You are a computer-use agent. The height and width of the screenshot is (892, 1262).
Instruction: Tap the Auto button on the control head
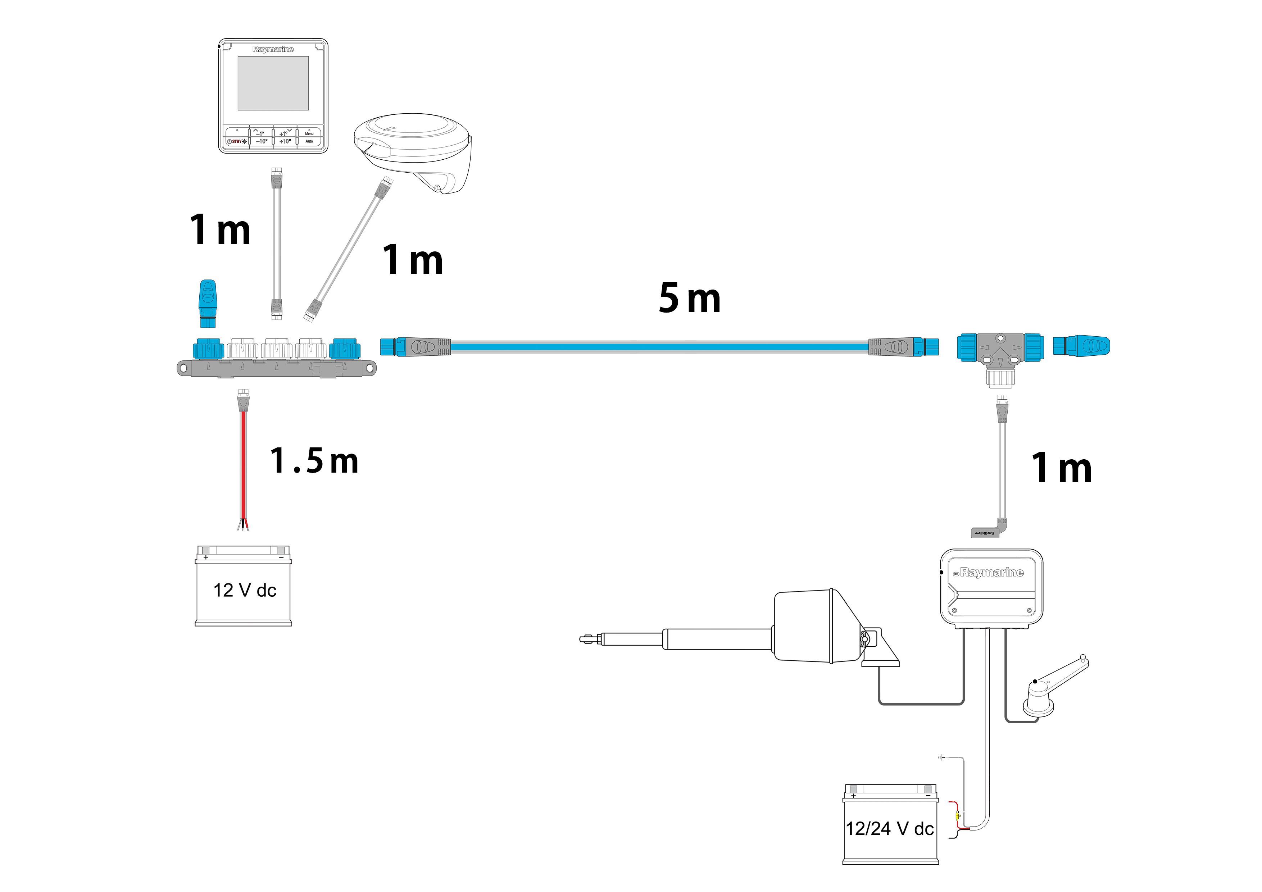tap(309, 141)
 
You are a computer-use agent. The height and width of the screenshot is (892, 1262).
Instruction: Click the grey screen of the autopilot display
tap(273, 83)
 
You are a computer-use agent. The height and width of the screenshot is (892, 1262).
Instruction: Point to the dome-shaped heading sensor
tap(413, 149)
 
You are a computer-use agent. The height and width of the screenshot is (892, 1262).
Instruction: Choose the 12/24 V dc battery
tap(890, 824)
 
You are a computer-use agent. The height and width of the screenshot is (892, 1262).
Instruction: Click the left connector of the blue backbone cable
tap(415, 347)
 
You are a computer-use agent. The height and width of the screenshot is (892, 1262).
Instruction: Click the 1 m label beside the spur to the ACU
tap(1061, 468)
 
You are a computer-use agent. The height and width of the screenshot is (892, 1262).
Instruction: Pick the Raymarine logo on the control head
tap(273, 49)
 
